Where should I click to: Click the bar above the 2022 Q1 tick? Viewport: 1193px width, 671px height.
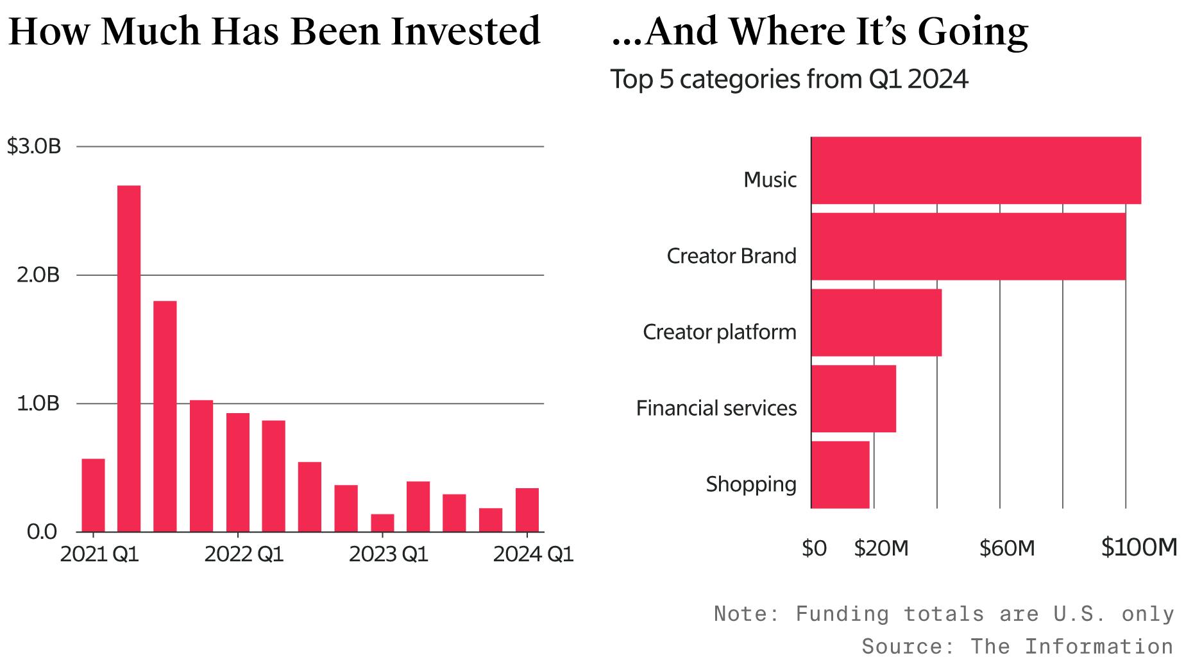coord(238,472)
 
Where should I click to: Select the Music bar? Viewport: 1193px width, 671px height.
coord(975,171)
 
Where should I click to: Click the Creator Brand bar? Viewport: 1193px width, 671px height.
coord(967,246)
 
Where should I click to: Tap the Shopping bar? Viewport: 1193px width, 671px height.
coord(840,474)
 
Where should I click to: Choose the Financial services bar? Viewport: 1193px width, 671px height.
coord(853,398)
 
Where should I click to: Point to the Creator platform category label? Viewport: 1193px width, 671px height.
coord(719,332)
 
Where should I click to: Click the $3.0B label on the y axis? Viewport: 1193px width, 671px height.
coord(34,146)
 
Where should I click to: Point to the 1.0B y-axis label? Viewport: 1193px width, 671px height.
coord(38,403)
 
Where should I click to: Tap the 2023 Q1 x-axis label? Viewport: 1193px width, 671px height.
coord(388,554)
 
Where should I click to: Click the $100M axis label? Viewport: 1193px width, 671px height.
coord(1138,547)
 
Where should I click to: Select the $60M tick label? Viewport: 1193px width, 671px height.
coord(1006,548)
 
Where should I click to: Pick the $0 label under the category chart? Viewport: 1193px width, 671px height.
coord(814,548)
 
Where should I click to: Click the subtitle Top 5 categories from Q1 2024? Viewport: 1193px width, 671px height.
coord(788,80)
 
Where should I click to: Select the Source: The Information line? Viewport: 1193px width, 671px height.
coord(1017,646)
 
